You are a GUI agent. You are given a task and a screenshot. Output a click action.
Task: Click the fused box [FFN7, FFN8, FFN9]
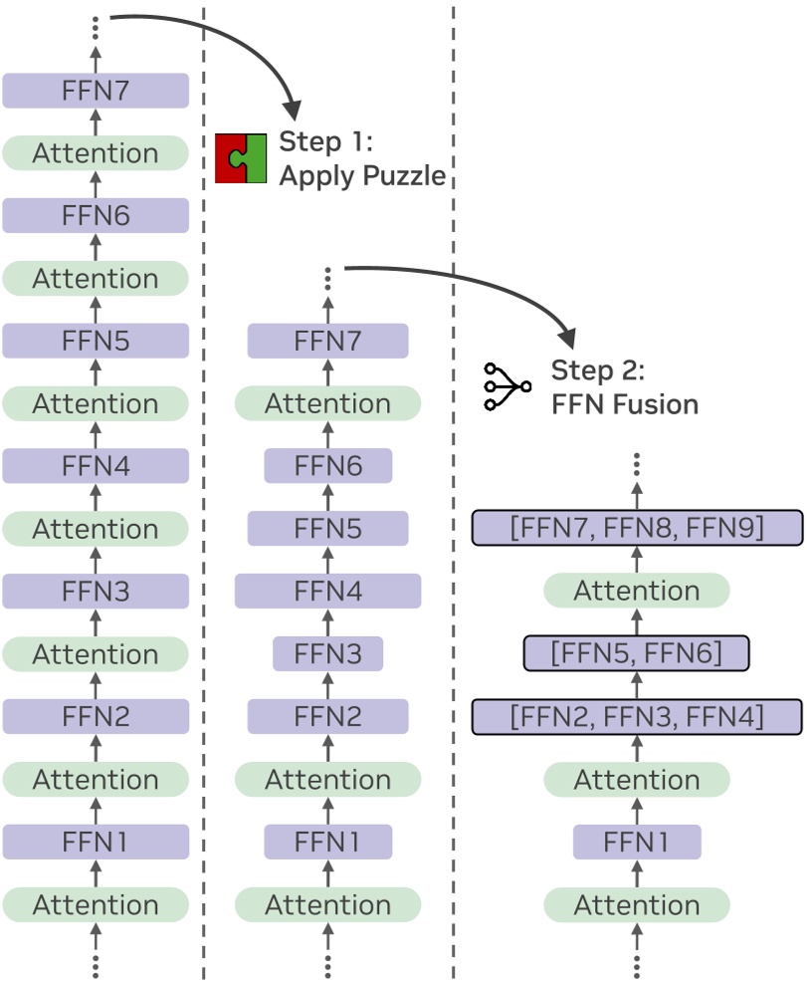coord(637,528)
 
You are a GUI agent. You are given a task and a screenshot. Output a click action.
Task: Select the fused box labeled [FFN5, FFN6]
coord(637,653)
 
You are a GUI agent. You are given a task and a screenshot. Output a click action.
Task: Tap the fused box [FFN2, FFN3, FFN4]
coord(637,716)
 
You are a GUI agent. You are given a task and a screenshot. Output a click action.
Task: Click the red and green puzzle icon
coord(242,157)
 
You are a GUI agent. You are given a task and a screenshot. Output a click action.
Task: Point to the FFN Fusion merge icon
coord(505,386)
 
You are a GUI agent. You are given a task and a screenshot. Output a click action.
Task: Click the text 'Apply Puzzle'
coord(361,176)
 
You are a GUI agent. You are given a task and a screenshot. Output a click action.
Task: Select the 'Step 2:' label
coord(598,370)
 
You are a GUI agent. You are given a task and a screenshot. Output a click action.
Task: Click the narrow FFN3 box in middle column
coord(327,653)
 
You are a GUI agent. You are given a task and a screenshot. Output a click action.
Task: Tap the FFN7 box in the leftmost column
coord(96,91)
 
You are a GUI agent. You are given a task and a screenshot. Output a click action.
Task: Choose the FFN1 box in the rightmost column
coord(637,842)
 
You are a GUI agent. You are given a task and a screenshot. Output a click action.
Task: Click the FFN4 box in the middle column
coord(327,591)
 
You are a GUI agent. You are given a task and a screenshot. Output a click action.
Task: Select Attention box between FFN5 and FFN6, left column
coord(96,278)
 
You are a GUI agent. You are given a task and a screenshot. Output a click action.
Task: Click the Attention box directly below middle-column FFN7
coord(327,403)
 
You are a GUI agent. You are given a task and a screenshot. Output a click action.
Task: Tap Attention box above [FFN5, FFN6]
coord(637,591)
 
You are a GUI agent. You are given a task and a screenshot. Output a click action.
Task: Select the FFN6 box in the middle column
coord(327,465)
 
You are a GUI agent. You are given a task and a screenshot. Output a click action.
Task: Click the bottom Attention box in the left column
coord(96,904)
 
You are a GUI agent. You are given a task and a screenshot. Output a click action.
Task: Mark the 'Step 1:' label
coord(325,141)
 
